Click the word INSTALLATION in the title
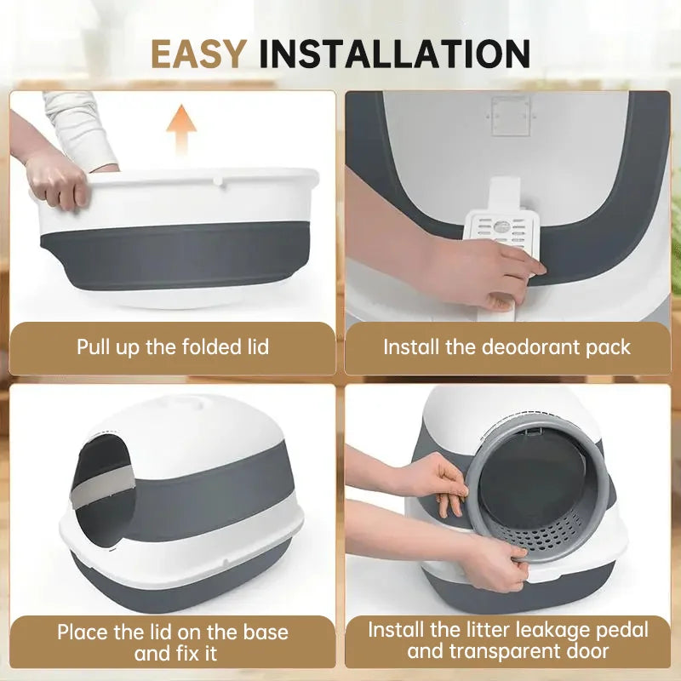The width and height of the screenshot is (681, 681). (394, 54)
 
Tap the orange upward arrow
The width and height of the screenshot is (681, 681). (180, 129)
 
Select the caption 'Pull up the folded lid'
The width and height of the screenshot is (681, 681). (173, 347)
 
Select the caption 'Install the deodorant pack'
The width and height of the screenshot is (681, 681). (506, 347)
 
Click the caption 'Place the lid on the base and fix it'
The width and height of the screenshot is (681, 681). (173, 643)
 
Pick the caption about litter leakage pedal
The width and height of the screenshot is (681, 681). (507, 641)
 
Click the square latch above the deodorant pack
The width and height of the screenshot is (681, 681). (510, 115)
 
